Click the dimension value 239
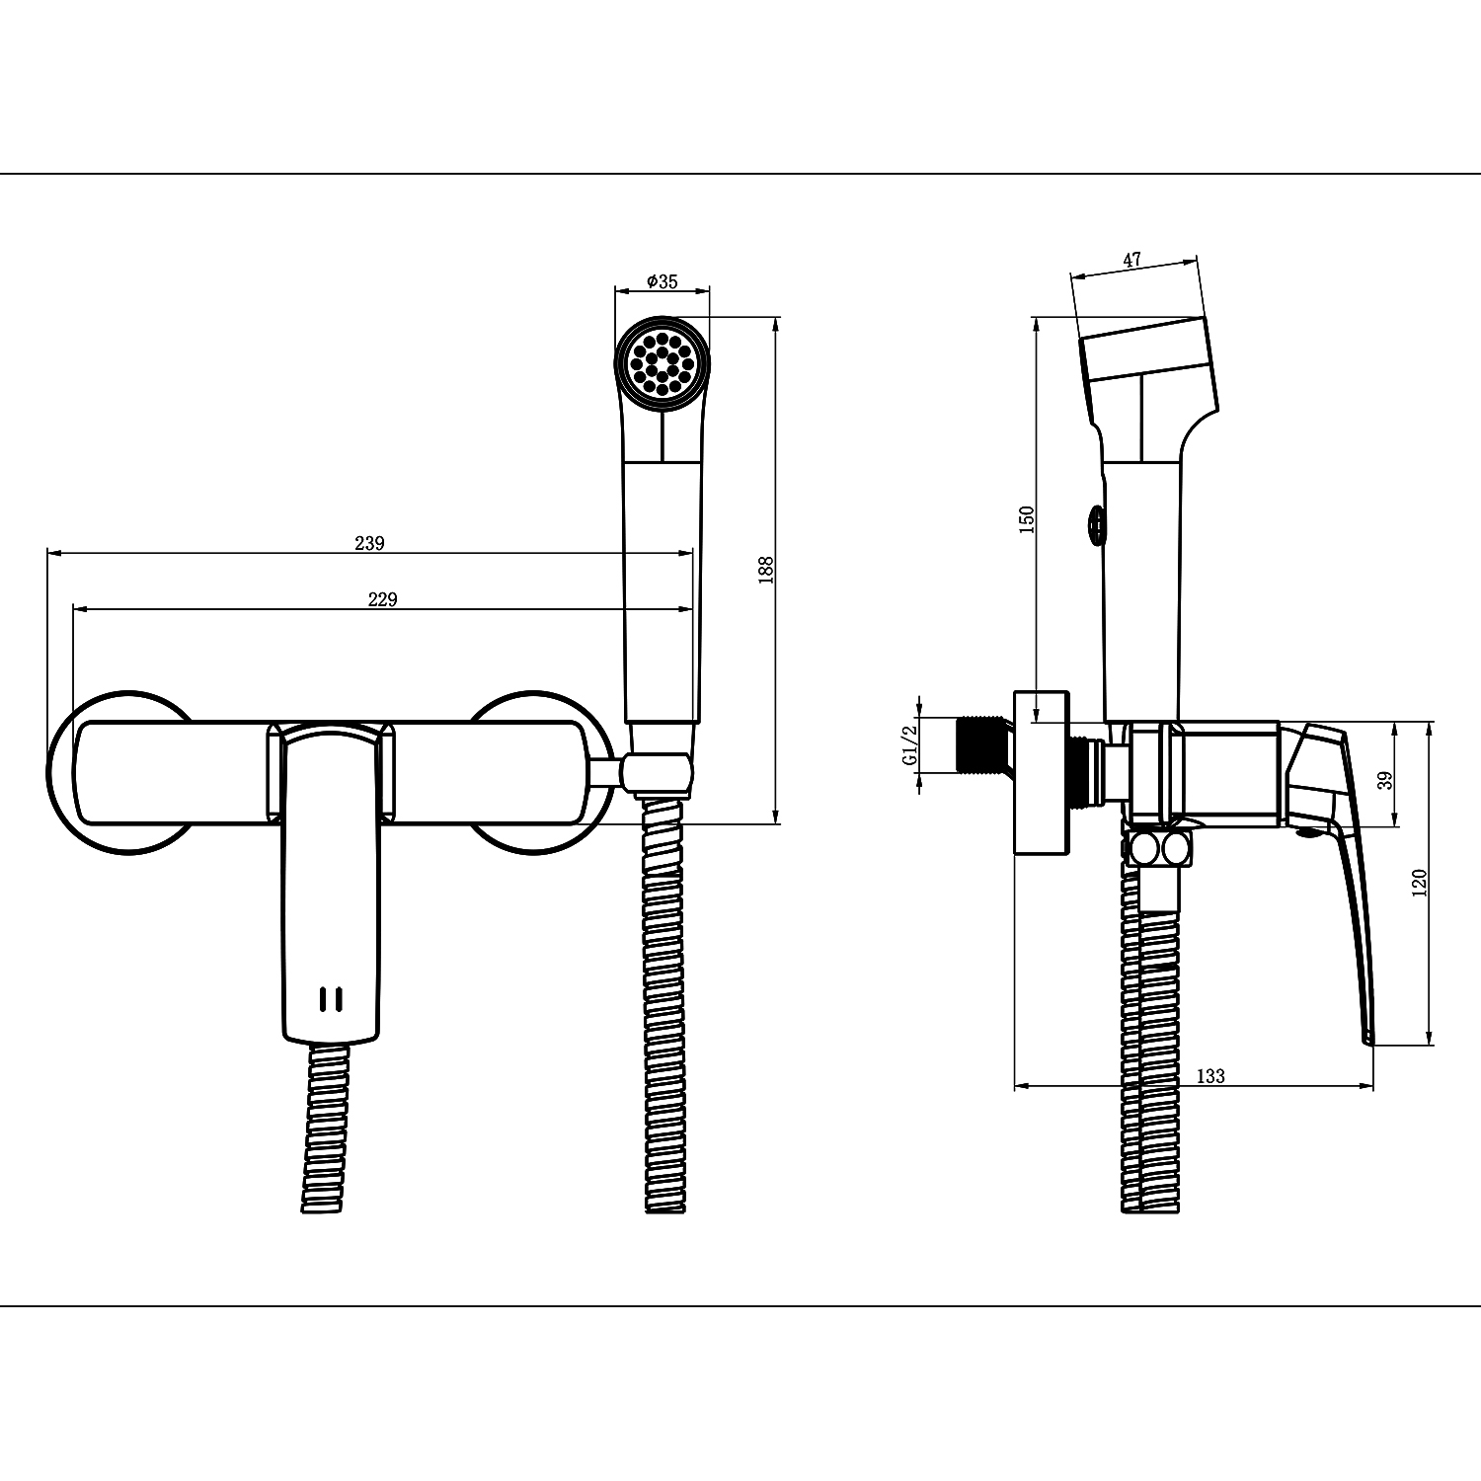coord(369,543)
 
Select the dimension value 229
coord(382,599)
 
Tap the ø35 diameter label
coord(663,281)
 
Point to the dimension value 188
coord(766,571)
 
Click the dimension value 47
coord(1131,260)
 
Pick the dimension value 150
coord(1027,519)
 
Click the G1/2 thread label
coord(909,746)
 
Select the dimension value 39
coord(1385,780)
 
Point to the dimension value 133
coord(1210,1076)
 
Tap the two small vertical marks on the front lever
coord(331,999)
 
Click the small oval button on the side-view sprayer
coord(1095,524)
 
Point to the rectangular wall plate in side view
coord(1043,772)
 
